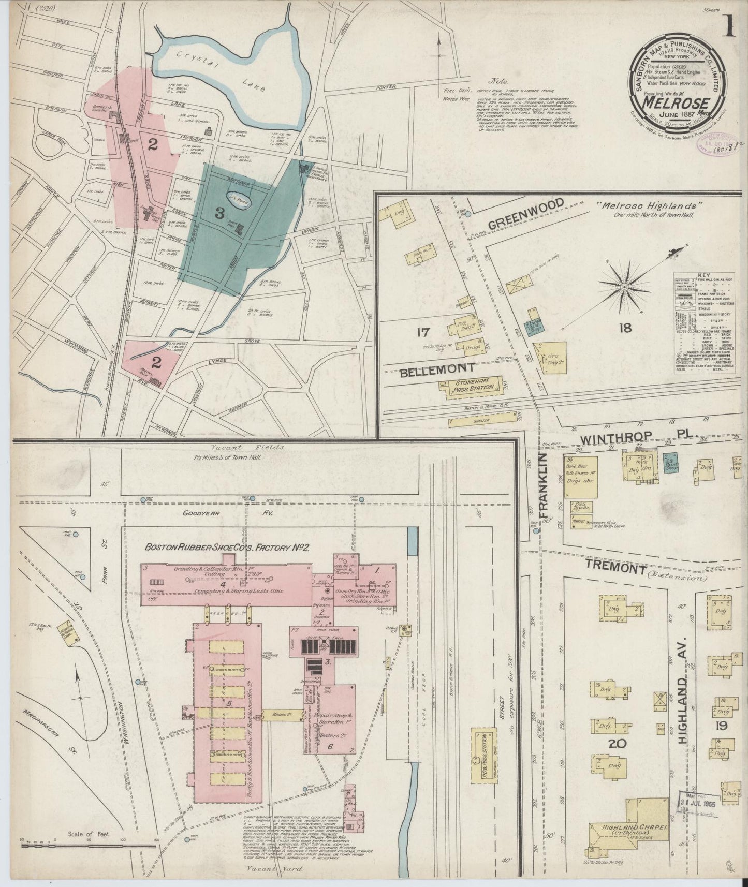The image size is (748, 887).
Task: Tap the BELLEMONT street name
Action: (444, 368)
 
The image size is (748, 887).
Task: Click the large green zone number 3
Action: (219, 212)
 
